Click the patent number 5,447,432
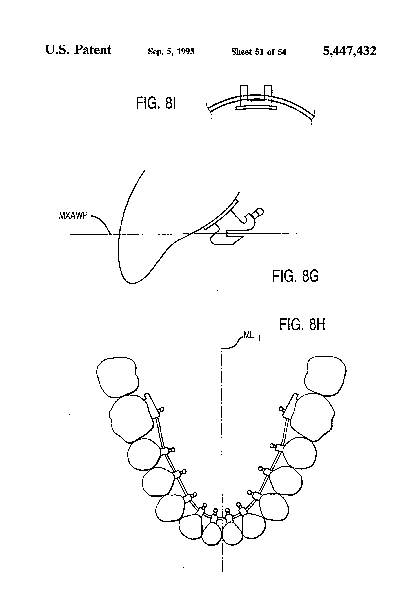pos(349,51)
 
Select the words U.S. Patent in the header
pos(78,50)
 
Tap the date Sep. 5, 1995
pos(171,51)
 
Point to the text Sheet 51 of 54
pos(258,52)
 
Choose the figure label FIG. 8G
pos(295,276)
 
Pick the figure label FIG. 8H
pos(302,324)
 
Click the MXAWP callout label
pos(73,216)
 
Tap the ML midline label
pos(249,335)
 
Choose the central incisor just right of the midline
pos(232,534)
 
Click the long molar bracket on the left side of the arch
pos(152,407)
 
